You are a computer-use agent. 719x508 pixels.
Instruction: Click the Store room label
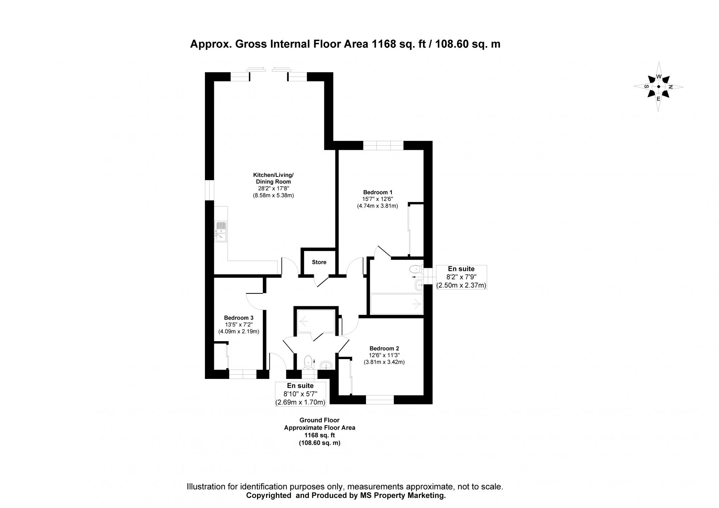tap(319, 262)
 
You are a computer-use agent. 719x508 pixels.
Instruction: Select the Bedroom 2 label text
tap(384, 348)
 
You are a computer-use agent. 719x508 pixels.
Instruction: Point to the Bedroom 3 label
tap(239, 318)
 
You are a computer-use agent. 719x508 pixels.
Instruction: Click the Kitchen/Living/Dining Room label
tap(273, 178)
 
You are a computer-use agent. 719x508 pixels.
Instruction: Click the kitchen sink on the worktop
tap(221, 231)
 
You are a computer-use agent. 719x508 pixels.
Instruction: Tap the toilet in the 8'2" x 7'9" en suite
tap(416, 269)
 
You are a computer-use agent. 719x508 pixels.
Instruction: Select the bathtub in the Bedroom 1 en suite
tap(396, 304)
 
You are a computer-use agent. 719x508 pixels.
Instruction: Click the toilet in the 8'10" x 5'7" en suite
tap(308, 362)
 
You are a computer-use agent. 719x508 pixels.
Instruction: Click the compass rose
tap(658, 87)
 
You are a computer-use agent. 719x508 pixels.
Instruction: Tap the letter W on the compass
tap(659, 77)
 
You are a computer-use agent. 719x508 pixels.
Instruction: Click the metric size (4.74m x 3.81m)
tap(377, 206)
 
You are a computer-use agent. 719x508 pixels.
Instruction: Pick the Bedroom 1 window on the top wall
tap(383, 145)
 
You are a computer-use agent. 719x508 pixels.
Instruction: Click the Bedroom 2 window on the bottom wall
tap(380, 400)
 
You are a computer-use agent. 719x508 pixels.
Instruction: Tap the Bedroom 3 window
tap(243, 374)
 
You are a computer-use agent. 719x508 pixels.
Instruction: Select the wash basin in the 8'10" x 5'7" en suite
tap(327, 365)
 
